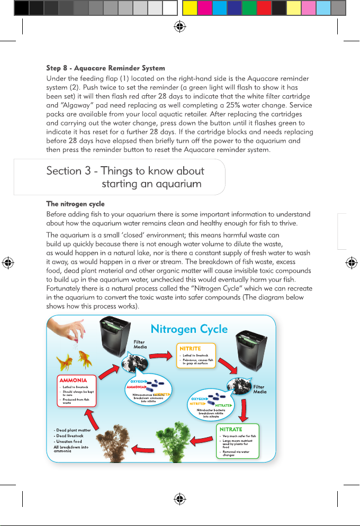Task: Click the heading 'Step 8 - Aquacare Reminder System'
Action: point(105,68)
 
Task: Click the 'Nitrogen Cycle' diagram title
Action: point(189,329)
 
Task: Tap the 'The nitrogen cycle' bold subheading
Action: point(75,204)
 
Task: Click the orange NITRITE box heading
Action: point(190,348)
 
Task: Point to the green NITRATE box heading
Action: point(231,429)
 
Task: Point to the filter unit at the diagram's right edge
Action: point(248,352)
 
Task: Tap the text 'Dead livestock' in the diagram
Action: point(69,436)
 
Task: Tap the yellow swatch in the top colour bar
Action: point(189,7)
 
